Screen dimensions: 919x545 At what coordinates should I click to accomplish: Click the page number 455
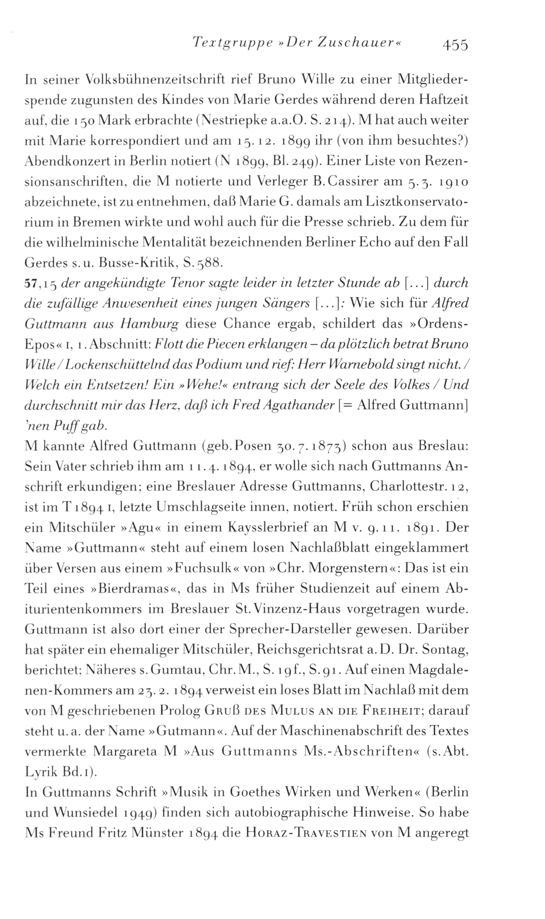click(455, 44)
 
